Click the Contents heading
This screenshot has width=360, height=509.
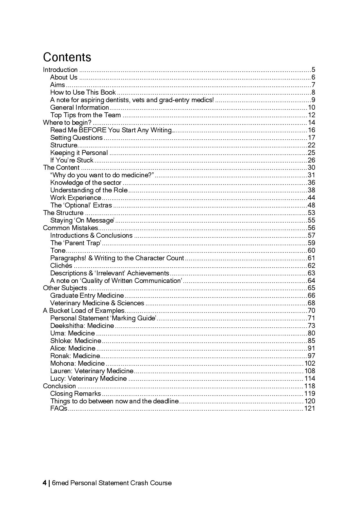(x=67, y=57)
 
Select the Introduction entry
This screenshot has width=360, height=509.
(x=60, y=70)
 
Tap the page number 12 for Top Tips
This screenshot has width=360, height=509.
(x=312, y=115)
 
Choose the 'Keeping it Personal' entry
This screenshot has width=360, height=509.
(x=79, y=153)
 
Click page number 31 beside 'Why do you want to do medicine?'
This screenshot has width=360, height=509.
(x=311, y=175)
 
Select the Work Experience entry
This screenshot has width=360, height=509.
(x=75, y=198)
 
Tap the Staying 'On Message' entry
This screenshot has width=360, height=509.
(x=82, y=220)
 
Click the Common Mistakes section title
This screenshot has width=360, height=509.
(x=71, y=228)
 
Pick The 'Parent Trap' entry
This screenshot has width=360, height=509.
(x=75, y=243)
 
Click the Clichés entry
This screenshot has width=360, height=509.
(x=61, y=266)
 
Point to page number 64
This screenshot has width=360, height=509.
(x=311, y=281)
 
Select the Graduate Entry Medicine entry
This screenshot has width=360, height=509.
(x=87, y=295)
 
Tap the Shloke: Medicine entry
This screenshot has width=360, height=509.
(x=75, y=341)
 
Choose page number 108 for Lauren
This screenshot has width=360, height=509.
(x=310, y=371)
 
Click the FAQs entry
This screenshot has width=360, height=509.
(x=59, y=408)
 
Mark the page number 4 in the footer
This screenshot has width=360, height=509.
(x=45, y=483)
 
